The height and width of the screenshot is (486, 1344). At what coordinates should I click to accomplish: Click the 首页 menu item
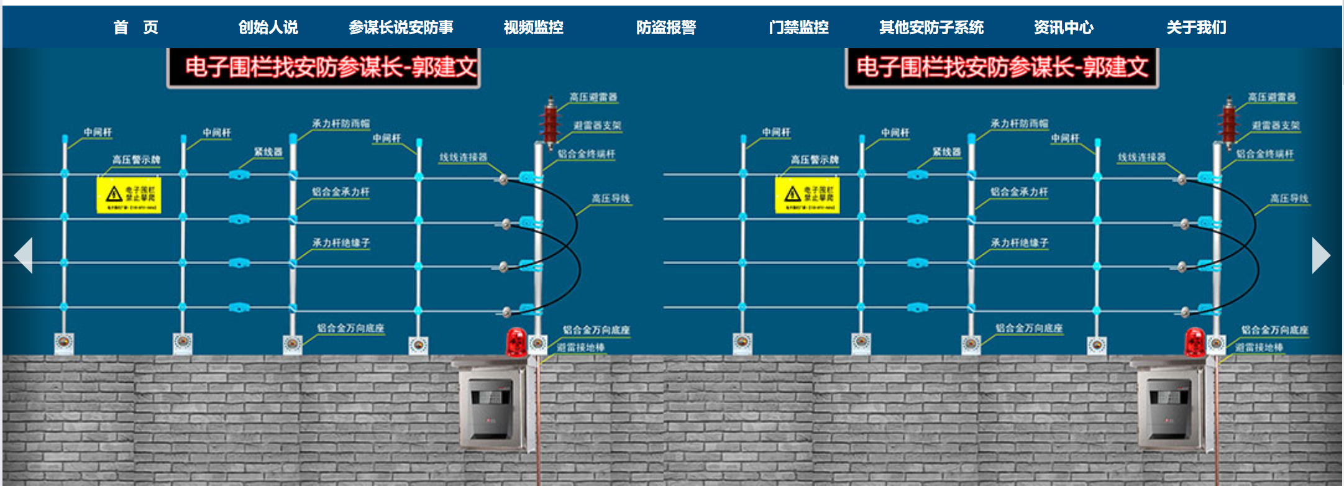click(x=135, y=27)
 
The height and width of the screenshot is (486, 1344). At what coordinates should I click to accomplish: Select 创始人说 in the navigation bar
click(x=268, y=27)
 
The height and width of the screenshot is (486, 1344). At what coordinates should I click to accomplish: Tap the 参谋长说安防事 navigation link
click(x=401, y=27)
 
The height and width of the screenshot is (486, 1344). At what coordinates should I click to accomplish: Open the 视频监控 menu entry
click(x=533, y=27)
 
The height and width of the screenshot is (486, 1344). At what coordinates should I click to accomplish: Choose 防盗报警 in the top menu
click(x=666, y=27)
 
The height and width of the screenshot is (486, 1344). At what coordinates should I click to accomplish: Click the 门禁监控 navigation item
click(x=798, y=27)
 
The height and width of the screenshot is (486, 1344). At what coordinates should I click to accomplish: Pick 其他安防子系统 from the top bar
click(x=931, y=27)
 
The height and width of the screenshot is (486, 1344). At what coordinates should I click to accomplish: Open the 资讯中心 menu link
click(x=1063, y=27)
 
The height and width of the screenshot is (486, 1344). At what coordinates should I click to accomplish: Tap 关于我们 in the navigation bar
click(x=1196, y=27)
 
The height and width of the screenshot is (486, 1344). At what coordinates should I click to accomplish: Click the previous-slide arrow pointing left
click(x=24, y=255)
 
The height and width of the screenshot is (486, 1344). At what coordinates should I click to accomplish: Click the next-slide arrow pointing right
click(x=1320, y=255)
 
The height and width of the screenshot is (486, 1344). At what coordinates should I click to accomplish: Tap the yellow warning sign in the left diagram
click(x=129, y=195)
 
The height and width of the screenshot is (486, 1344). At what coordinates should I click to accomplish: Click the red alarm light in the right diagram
click(x=1194, y=342)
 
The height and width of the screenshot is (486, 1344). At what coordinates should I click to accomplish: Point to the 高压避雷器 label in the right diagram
click(x=1271, y=98)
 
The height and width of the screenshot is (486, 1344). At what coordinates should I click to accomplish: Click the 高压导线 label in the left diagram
click(x=610, y=199)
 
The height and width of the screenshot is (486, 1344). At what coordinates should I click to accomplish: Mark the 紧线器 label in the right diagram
click(x=946, y=152)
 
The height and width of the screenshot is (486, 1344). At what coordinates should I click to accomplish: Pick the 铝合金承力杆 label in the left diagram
click(x=341, y=192)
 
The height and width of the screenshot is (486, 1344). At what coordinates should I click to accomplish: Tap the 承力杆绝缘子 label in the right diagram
click(x=1019, y=243)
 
